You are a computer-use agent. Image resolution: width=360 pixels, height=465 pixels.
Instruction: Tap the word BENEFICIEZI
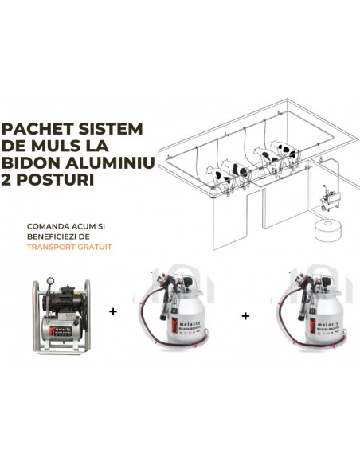[x=53, y=236]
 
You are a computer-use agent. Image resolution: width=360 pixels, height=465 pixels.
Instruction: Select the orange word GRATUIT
[x=94, y=247]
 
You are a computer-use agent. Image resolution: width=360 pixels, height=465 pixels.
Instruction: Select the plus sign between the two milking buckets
[x=245, y=316]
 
